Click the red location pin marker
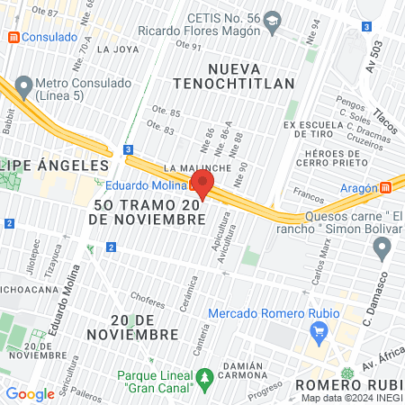point(202,184)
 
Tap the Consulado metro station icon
point(13,38)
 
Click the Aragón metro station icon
point(386,187)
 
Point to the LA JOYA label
point(114,49)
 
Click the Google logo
point(30,393)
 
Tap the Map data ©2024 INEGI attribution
point(350,398)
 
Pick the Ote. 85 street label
point(169,112)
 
